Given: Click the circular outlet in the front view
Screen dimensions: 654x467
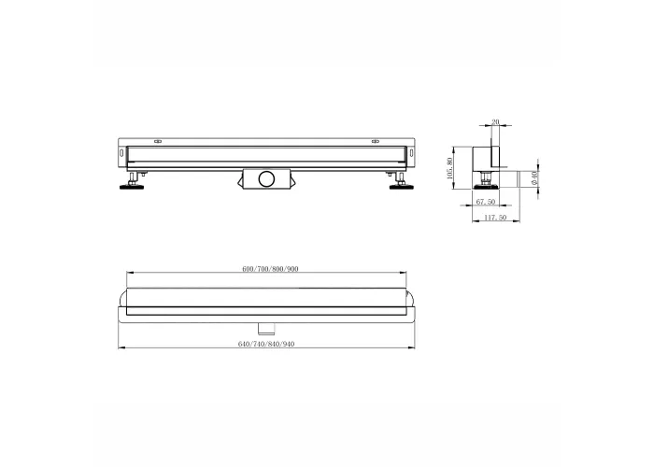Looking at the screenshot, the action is [266, 179].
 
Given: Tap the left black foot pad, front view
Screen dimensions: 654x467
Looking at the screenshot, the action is [132, 187].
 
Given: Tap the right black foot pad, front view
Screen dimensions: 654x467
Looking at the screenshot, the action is [401, 187].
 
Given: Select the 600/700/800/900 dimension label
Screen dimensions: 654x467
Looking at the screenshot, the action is [270, 269].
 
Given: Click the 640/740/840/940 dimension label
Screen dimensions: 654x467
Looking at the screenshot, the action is [266, 344].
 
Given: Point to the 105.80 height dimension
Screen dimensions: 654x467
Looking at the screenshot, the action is [449, 167].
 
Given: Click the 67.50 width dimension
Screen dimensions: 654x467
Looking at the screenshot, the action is [486, 202].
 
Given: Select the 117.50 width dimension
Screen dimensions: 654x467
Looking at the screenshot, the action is [495, 218].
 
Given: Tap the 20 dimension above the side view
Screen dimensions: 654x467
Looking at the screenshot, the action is [495, 121].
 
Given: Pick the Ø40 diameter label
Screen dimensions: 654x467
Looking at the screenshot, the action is [534, 178].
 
